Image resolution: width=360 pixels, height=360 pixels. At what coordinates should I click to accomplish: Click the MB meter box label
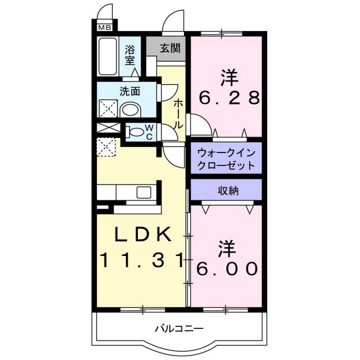tap(105, 26)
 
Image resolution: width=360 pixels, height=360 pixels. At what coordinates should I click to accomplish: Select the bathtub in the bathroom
tap(107, 56)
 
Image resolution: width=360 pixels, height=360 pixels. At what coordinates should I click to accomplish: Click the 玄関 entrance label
tap(169, 48)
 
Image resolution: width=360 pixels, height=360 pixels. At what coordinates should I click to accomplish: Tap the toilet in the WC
tap(136, 133)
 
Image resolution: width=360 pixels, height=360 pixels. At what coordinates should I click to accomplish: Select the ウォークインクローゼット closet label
tap(226, 159)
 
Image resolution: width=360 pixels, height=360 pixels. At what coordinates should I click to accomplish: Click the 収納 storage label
tap(228, 191)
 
